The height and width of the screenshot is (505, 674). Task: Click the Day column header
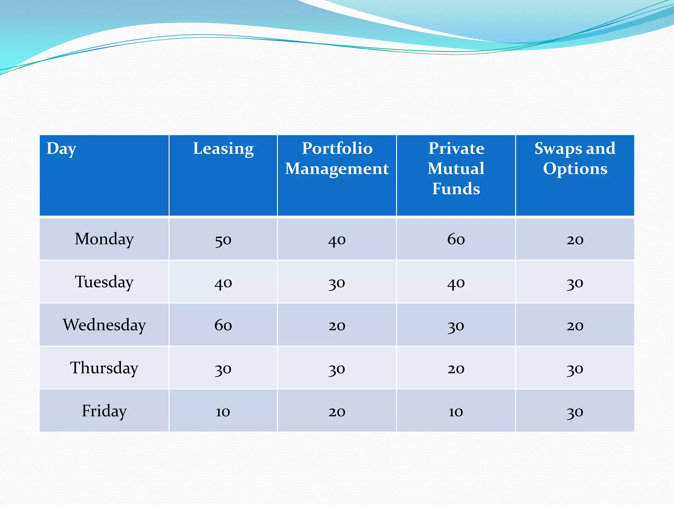coord(62,149)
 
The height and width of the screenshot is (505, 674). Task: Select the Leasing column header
coord(223,149)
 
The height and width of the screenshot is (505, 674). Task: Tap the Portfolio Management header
coord(337,158)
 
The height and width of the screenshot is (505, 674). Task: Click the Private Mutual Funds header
coord(456,168)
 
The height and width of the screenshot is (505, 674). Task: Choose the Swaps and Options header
coord(575,158)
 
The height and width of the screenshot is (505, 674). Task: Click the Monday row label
coord(104,239)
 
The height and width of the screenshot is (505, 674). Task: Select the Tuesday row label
coord(104,282)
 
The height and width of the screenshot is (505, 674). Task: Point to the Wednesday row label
coord(104,325)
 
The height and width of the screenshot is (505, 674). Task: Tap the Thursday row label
coord(104,368)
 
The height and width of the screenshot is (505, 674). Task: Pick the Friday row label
coord(104,411)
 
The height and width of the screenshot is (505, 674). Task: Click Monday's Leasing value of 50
coord(223,240)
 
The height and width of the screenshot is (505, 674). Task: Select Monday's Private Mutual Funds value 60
coord(456,239)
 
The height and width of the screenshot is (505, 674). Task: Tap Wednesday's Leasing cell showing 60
coord(223,325)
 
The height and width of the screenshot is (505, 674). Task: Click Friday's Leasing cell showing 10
coord(223,412)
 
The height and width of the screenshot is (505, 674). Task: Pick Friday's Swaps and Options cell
coord(575,412)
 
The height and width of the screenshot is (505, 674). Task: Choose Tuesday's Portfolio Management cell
coord(337,283)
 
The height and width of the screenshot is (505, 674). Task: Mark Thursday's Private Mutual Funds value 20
coord(456,369)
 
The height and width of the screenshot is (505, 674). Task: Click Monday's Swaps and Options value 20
coord(575,240)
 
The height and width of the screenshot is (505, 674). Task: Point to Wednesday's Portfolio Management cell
coord(337,325)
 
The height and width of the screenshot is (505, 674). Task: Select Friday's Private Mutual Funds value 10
coord(456,412)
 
